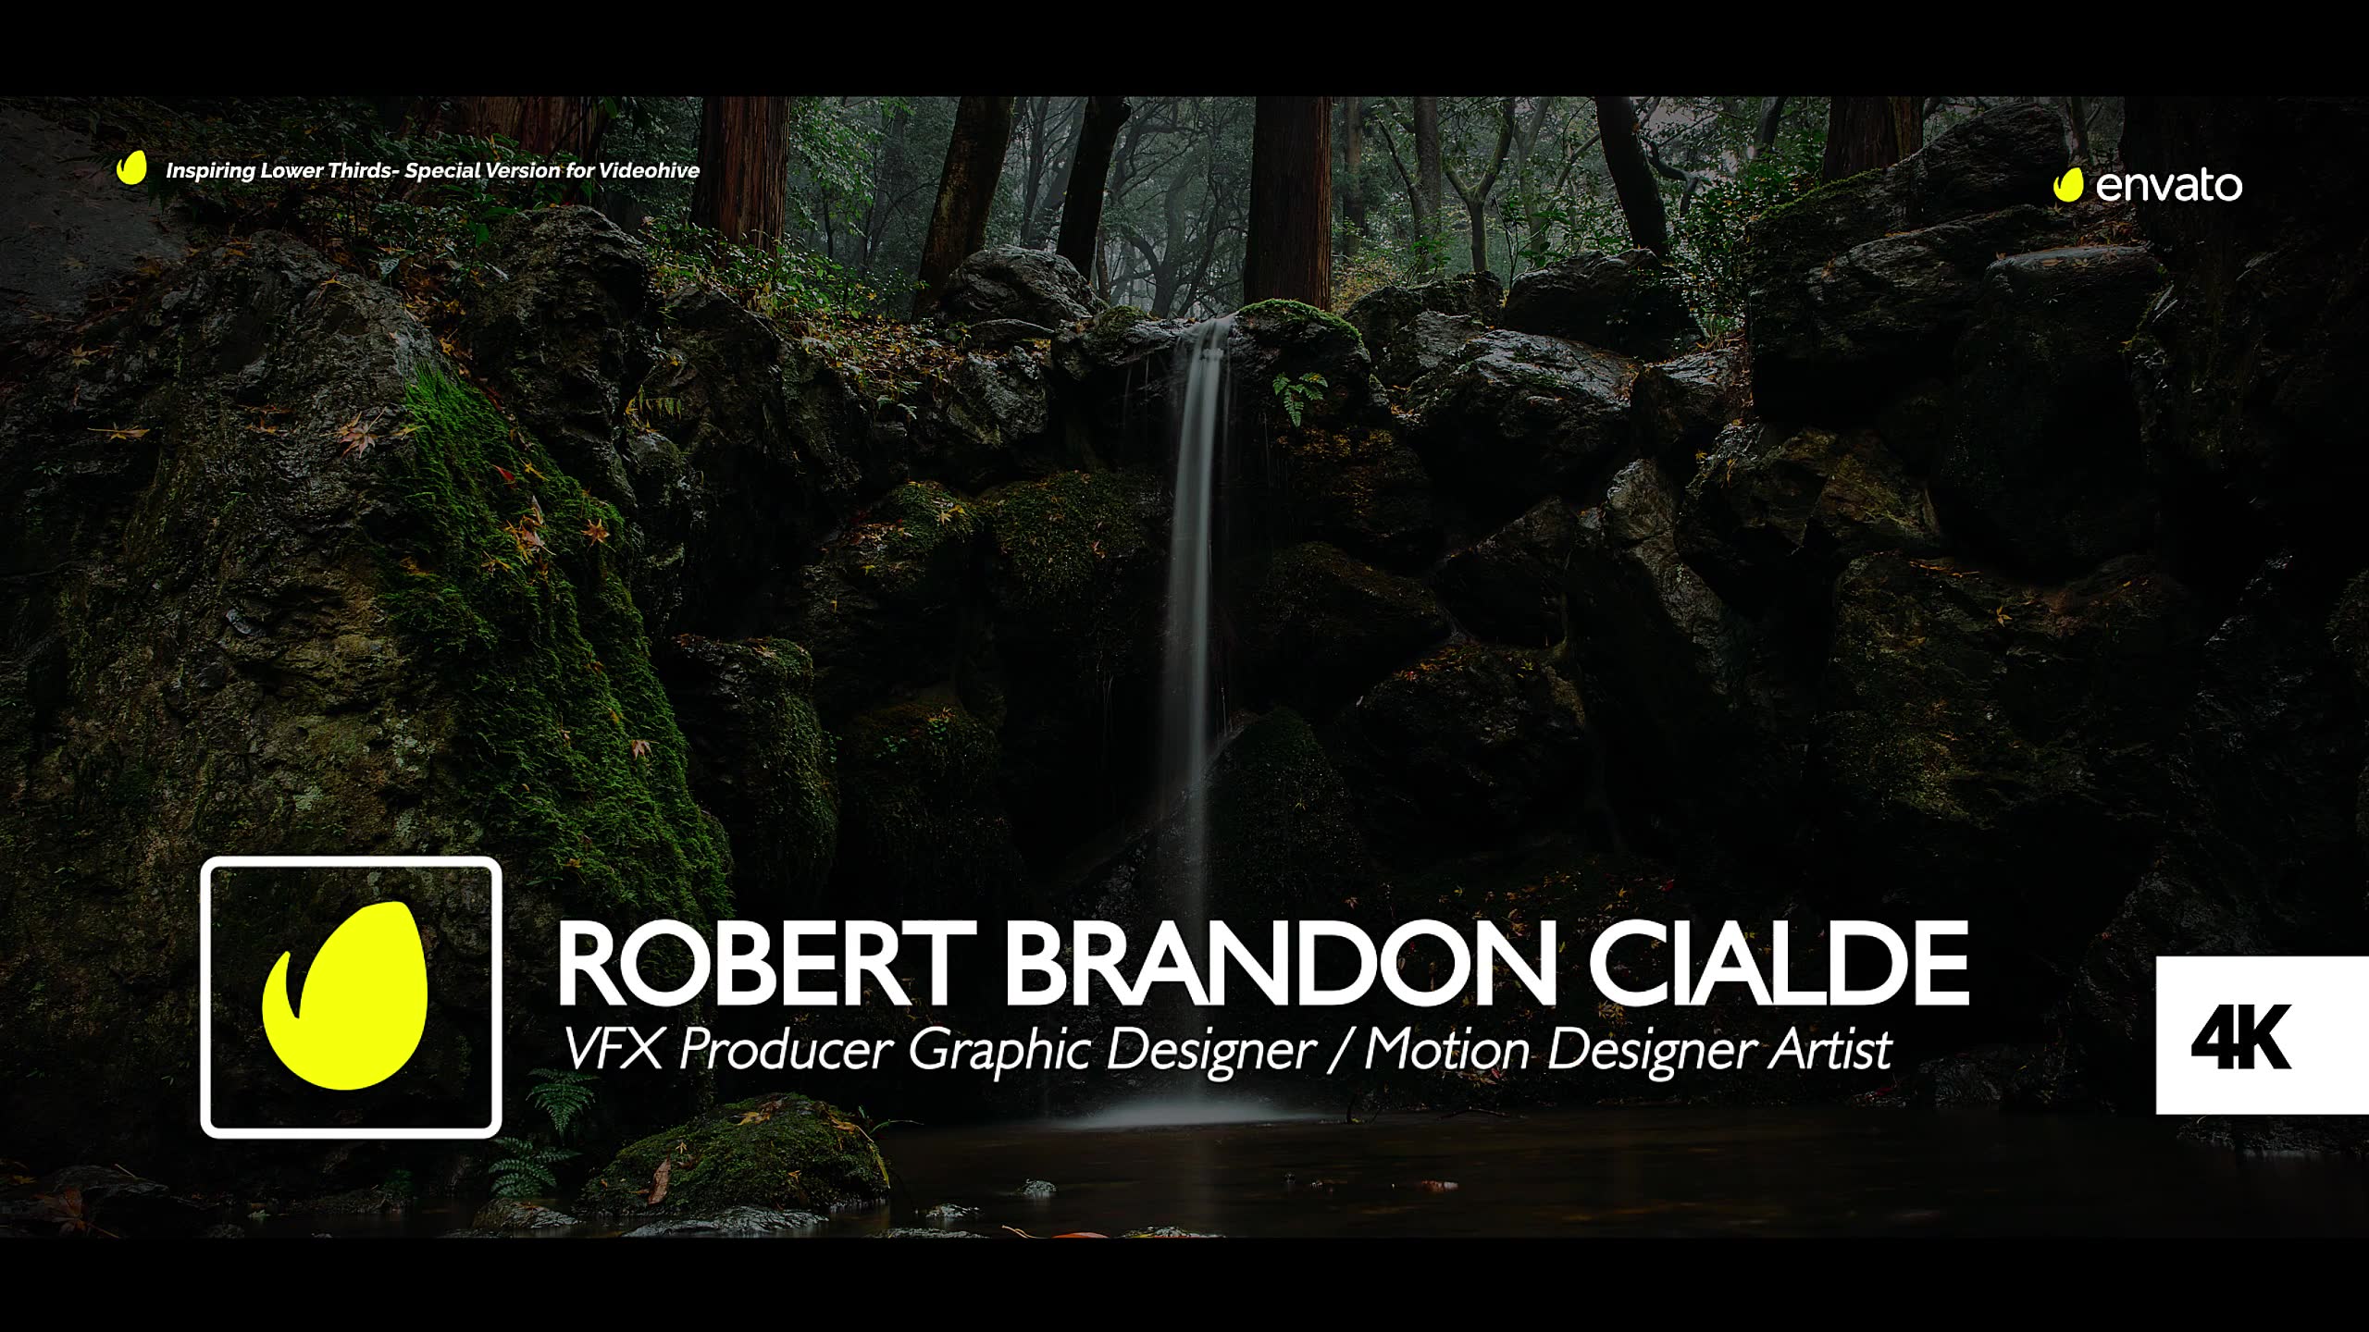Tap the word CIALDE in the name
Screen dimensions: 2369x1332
pos(1780,965)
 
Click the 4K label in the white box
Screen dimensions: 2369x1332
pos(2240,1036)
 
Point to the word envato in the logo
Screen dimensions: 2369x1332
pos(2169,187)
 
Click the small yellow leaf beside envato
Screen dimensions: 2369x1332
pos(2068,185)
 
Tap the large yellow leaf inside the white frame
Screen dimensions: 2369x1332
pos(345,993)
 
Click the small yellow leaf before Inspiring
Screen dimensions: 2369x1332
pos(131,168)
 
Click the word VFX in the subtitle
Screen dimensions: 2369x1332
pos(614,1050)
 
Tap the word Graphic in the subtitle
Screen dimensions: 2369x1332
pos(998,1052)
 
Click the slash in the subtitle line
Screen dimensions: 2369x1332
pos(1340,1052)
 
